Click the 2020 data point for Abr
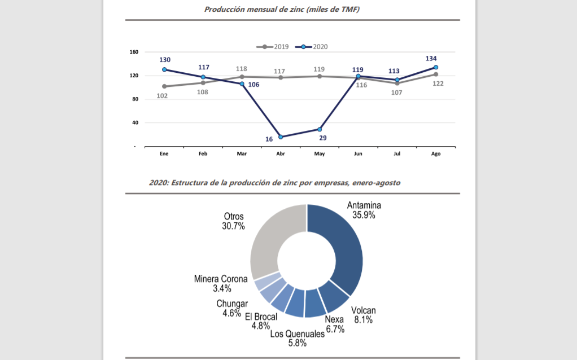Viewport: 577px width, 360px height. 281,137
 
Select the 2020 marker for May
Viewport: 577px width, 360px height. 320,129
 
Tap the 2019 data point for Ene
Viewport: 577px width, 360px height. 164,86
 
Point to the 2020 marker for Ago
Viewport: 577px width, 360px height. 436,67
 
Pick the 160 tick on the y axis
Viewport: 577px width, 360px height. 134,52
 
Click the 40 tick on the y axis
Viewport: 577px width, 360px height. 134,122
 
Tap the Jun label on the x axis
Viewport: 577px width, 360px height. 358,153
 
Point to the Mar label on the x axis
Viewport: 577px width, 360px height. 242,153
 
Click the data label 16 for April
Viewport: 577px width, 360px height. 269,139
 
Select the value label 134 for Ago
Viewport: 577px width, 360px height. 431,58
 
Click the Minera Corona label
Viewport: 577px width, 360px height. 221,279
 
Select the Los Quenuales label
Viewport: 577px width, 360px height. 297,333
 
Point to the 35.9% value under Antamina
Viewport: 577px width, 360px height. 364,215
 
